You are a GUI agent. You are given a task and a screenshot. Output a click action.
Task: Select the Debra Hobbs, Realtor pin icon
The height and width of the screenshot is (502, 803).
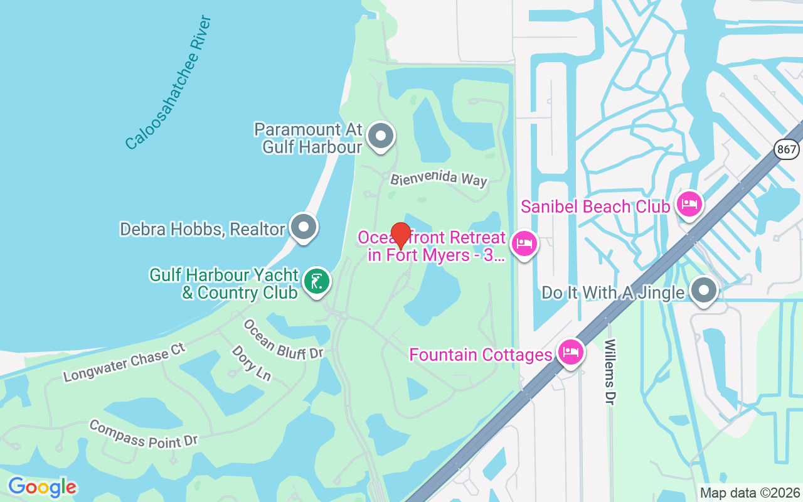[304, 227]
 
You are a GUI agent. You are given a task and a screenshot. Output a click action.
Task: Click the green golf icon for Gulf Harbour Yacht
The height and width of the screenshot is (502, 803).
[317, 280]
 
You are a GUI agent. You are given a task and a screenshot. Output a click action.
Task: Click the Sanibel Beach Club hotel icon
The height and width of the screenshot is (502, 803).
[689, 204]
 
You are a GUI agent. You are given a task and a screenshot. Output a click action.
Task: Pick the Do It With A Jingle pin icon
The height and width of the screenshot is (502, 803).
[704, 291]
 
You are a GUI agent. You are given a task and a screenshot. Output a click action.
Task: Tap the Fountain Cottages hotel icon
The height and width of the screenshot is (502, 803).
[570, 352]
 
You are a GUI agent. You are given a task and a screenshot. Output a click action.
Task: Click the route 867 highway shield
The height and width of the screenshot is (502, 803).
[787, 149]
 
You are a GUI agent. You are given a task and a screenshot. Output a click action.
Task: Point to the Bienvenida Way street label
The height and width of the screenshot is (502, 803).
[439, 179]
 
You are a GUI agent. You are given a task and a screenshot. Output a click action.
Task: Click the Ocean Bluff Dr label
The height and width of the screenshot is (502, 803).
[283, 339]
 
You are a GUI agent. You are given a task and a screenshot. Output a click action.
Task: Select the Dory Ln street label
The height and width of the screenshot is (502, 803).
[252, 363]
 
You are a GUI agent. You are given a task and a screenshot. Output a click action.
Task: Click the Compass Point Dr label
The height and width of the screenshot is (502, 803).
[144, 434]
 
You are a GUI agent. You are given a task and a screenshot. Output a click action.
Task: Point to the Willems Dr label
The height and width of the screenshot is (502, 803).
[610, 372]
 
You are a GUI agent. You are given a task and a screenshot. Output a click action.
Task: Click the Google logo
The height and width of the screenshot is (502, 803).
[42, 487]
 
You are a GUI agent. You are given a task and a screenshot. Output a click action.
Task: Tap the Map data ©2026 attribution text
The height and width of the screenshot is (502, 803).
[750, 493]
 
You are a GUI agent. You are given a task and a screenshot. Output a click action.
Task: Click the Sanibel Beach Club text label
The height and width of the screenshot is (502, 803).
[595, 206]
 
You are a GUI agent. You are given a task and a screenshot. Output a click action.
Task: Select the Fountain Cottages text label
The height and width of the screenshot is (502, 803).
[480, 355]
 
